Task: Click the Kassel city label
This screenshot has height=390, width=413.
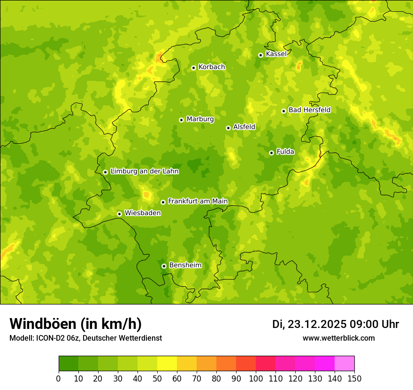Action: [x=276, y=54]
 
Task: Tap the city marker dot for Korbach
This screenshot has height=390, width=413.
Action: [x=193, y=68]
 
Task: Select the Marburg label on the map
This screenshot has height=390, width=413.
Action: [x=200, y=119]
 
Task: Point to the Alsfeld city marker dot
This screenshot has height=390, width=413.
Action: [x=228, y=128]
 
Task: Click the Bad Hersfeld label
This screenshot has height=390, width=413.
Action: [x=309, y=110]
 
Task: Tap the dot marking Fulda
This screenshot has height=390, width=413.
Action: [x=271, y=153]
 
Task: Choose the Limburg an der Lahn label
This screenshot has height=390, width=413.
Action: [x=144, y=172]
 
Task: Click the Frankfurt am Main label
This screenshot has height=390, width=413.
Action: [x=198, y=202]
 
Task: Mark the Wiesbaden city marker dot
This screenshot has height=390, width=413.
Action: [x=120, y=214]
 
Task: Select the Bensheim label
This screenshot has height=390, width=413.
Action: [x=185, y=265]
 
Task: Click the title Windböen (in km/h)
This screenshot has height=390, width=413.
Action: [x=76, y=324]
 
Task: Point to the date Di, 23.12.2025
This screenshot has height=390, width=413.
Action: [x=309, y=324]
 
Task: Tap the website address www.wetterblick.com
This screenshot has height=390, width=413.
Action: [x=338, y=338]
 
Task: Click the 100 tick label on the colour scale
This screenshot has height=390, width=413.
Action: [x=256, y=379]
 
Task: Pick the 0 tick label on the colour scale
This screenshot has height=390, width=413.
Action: [x=59, y=379]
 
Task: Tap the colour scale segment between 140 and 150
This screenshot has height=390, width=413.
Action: [x=344, y=364]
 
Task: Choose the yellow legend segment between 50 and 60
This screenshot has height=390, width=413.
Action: [x=167, y=364]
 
